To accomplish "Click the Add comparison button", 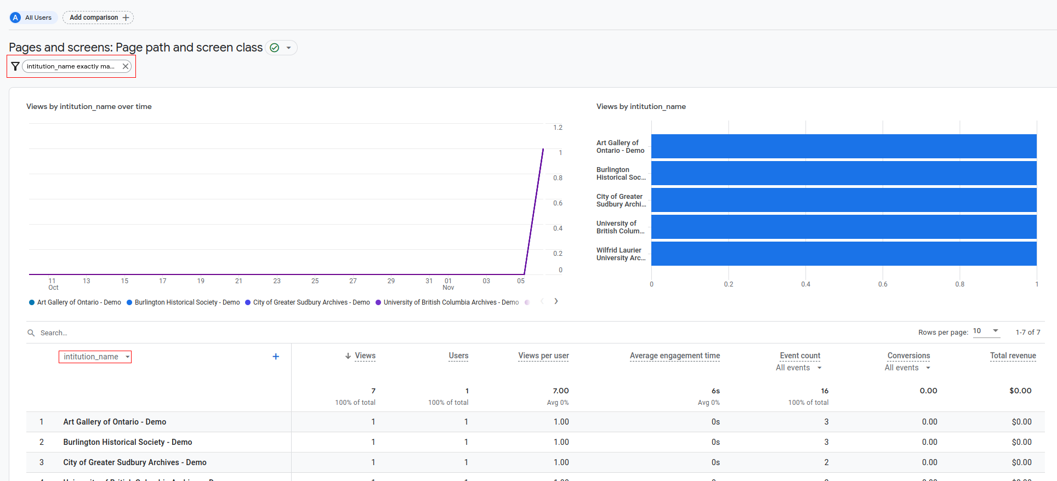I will (x=98, y=18).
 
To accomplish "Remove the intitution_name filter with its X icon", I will (x=126, y=66).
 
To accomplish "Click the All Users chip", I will (x=33, y=18).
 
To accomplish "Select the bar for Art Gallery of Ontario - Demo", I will (x=843, y=146).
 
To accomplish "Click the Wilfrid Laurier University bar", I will (x=843, y=254).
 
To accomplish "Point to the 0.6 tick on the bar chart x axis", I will (x=882, y=284).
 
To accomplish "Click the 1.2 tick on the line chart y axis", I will (x=558, y=128).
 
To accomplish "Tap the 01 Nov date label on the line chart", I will (x=448, y=284).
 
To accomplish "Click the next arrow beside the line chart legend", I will (x=556, y=301).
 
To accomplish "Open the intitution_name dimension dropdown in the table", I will (x=95, y=357).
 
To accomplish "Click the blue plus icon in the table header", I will (x=276, y=357).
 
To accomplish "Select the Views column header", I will (x=365, y=356).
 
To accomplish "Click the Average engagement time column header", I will (x=674, y=356).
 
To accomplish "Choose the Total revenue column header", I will (x=1013, y=356).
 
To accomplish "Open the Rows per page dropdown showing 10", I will (x=986, y=331).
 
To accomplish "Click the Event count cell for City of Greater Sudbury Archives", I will (x=826, y=462).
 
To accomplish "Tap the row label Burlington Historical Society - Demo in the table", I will (x=127, y=442).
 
